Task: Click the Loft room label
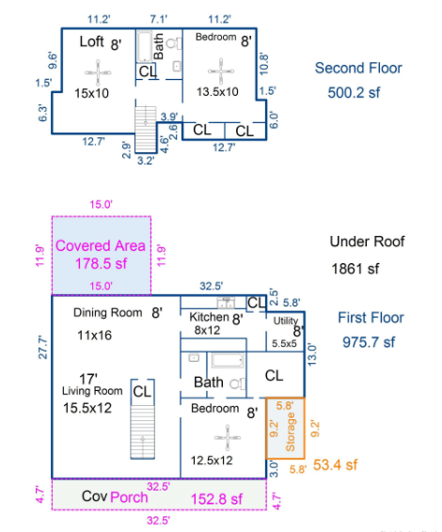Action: click(91, 41)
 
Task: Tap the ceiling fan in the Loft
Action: click(98, 72)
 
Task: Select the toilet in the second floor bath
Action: click(174, 43)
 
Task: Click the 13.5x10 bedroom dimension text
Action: click(217, 91)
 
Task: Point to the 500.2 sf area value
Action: click(354, 93)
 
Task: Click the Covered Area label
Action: click(101, 245)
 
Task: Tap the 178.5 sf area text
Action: click(101, 263)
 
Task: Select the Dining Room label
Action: click(107, 312)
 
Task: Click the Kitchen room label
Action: click(209, 317)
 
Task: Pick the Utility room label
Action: click(286, 321)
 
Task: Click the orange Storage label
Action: click(291, 431)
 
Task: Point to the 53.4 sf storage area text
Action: click(335, 465)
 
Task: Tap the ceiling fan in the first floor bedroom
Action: click(228, 438)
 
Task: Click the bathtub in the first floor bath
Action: click(228, 360)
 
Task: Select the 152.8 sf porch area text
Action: click(216, 499)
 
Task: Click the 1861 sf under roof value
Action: click(355, 269)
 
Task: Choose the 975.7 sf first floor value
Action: click(369, 342)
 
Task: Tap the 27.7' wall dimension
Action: click(42, 347)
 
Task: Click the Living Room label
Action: click(92, 391)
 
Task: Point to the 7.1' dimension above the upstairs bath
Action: click(159, 20)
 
